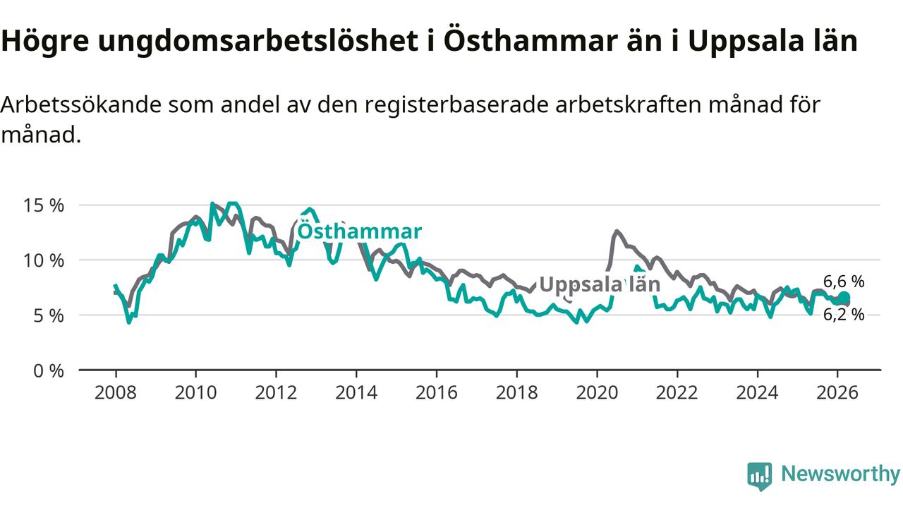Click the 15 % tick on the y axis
(x=44, y=205)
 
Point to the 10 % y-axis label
(x=44, y=260)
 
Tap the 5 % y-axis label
(x=50, y=315)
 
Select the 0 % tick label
(x=50, y=370)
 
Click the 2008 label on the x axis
(x=115, y=392)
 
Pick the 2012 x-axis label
(x=276, y=392)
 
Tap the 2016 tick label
(x=436, y=392)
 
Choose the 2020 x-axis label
(x=597, y=392)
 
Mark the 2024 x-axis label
(x=757, y=392)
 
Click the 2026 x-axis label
(x=837, y=392)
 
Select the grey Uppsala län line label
(x=600, y=284)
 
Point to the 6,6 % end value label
(x=844, y=282)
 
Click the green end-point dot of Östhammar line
(x=844, y=298)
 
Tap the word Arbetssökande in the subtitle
(x=83, y=105)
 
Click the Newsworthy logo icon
(x=759, y=476)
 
